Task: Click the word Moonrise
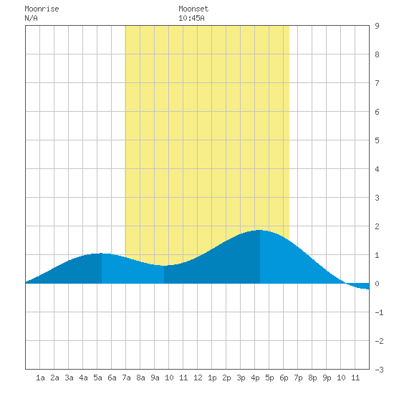tap(42, 9)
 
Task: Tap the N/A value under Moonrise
tap(31, 18)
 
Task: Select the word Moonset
tap(193, 9)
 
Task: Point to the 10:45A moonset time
tap(191, 18)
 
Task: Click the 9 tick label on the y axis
tap(377, 26)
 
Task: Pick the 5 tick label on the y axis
tap(377, 140)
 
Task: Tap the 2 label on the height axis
tap(377, 226)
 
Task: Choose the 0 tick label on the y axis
tap(377, 284)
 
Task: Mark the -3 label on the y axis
tap(379, 370)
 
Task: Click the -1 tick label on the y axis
tap(379, 312)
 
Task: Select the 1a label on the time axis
tap(40, 378)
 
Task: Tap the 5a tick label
tap(97, 378)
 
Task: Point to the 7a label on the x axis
tap(126, 378)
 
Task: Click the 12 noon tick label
tap(198, 378)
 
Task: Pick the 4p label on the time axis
tap(255, 378)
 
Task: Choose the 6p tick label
tap(284, 378)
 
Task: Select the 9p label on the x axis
tap(327, 378)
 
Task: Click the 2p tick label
tap(226, 378)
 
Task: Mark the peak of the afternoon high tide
tap(260, 230)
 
